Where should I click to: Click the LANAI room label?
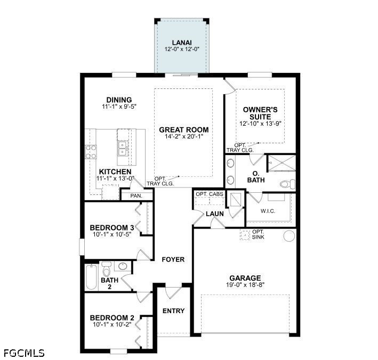[182, 43]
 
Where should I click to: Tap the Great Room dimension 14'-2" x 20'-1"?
[184, 136]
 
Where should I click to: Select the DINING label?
[119, 100]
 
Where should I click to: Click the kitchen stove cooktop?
[91, 152]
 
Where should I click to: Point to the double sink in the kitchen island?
[123, 149]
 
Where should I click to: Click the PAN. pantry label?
[136, 196]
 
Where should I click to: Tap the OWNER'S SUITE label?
[260, 113]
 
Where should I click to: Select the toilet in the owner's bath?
[287, 184]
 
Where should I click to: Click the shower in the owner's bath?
[282, 163]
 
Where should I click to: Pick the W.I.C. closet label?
[268, 211]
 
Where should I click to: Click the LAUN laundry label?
[215, 214]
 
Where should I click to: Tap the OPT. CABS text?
[210, 194]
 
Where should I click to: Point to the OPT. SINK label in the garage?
[258, 234]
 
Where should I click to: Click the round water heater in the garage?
[289, 235]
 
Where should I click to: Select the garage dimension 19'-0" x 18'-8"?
[245, 284]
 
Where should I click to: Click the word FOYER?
[173, 259]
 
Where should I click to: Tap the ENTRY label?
[173, 311]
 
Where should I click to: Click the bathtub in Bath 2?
[91, 277]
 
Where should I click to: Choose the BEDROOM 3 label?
[112, 227]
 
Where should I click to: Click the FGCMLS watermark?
[24, 353]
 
